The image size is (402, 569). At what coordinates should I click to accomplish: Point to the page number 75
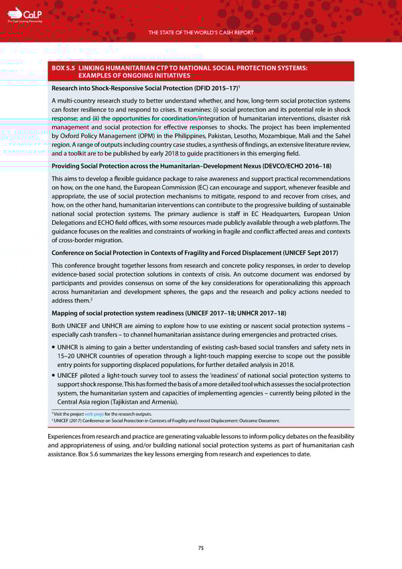(200, 548)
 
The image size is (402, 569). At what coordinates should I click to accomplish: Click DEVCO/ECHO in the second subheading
(271, 165)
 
